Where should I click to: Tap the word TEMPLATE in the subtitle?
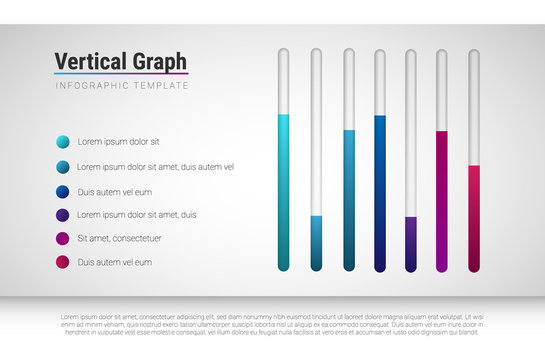(158, 87)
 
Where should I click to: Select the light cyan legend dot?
(63, 142)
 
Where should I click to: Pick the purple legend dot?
(63, 215)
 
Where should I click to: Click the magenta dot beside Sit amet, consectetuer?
(63, 239)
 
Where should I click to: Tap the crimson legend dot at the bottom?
(63, 262)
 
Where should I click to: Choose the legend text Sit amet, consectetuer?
(119, 239)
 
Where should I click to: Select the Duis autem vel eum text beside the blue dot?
(115, 191)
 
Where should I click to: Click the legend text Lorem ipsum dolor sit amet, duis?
(137, 215)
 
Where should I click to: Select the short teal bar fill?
(316, 243)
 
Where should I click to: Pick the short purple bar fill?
(411, 243)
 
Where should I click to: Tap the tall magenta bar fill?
(442, 200)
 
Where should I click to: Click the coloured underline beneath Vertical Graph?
(120, 74)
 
